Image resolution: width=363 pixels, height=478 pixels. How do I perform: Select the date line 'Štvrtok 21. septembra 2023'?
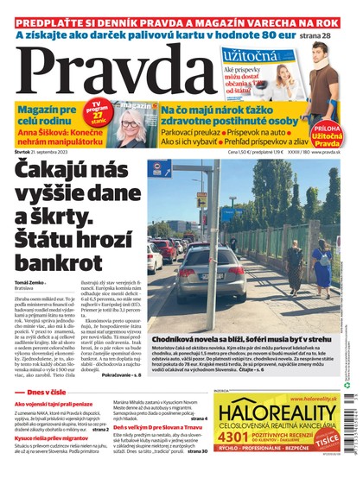(x=53, y=153)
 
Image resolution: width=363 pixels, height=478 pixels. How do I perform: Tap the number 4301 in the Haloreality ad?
(x=236, y=434)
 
